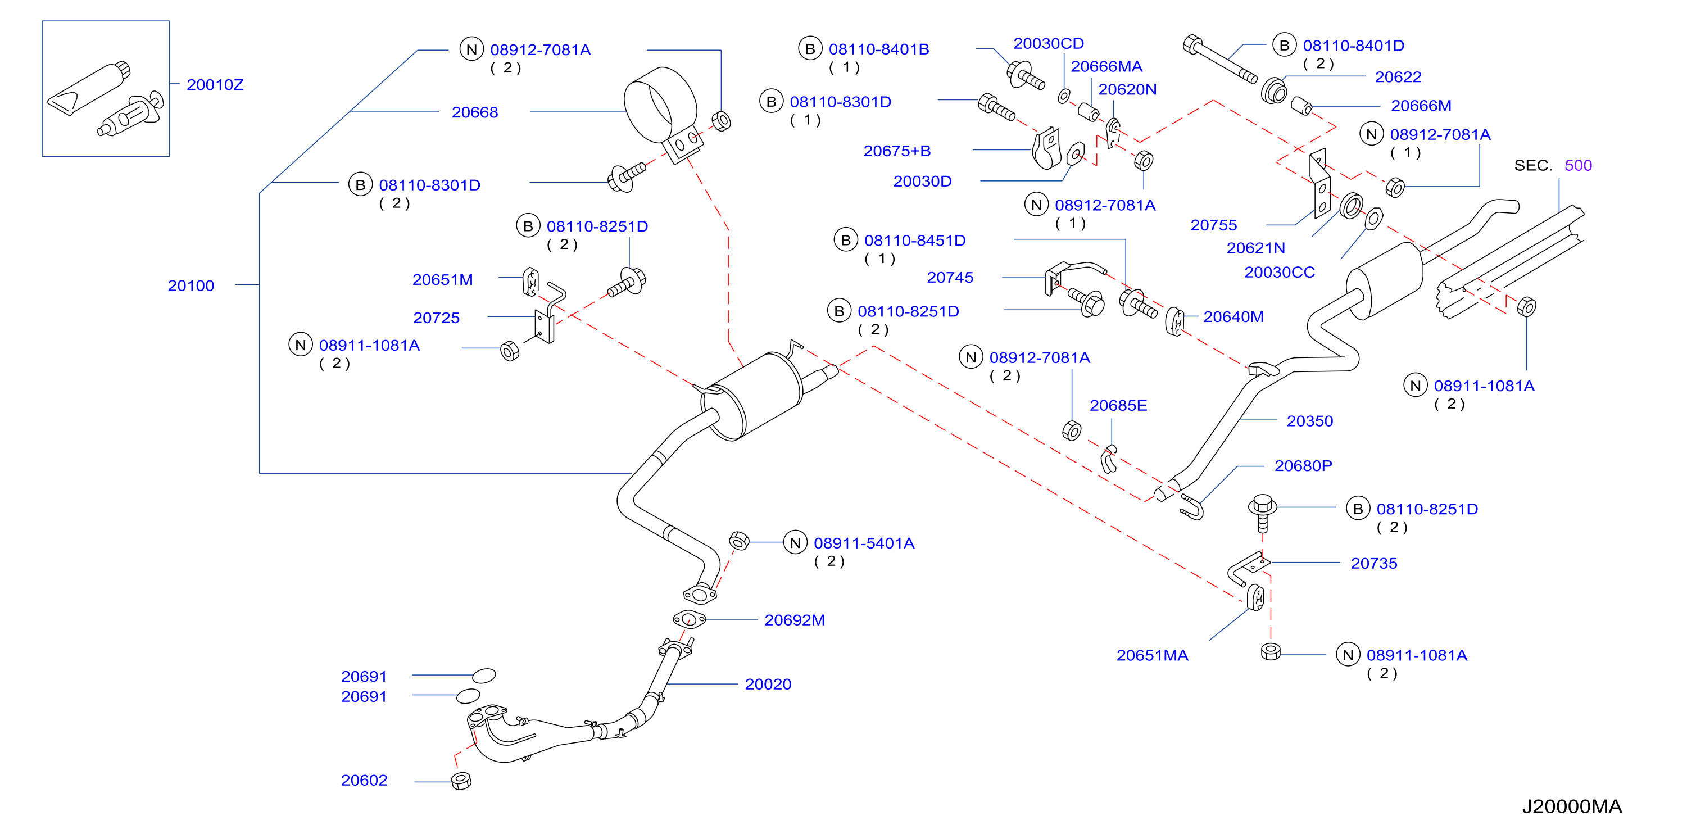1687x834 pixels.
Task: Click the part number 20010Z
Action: point(215,84)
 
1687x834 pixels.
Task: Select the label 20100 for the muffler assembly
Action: point(191,285)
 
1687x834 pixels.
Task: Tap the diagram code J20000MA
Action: point(1572,806)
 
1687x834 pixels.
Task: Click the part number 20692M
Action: point(795,620)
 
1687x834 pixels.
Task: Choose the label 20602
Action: point(364,780)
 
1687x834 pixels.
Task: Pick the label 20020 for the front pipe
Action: point(768,684)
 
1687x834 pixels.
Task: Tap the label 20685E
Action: point(1118,406)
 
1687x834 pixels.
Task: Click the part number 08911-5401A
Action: point(864,543)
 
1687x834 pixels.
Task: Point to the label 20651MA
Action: point(1152,655)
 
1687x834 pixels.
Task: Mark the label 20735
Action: point(1374,564)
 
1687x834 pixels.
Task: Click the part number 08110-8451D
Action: point(915,241)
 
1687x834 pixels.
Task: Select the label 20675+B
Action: point(896,151)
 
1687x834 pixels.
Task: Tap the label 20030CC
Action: point(1279,272)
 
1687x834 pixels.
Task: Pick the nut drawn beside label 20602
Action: point(461,781)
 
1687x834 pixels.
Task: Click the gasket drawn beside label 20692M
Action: point(689,618)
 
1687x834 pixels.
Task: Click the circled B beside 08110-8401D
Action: point(1284,45)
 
